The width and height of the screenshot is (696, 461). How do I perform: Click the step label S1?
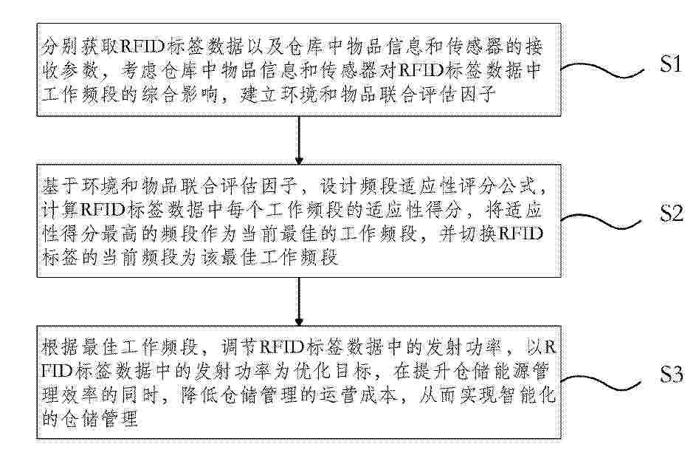point(670,64)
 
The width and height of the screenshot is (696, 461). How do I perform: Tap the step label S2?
point(671,214)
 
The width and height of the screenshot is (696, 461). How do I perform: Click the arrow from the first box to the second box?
point(299,140)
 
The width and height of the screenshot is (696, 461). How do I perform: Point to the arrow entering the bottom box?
point(299,301)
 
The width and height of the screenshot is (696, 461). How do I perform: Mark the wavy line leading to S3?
point(602,382)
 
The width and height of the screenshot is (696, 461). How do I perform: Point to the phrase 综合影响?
point(180,95)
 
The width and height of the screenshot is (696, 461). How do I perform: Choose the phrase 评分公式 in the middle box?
point(496,187)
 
